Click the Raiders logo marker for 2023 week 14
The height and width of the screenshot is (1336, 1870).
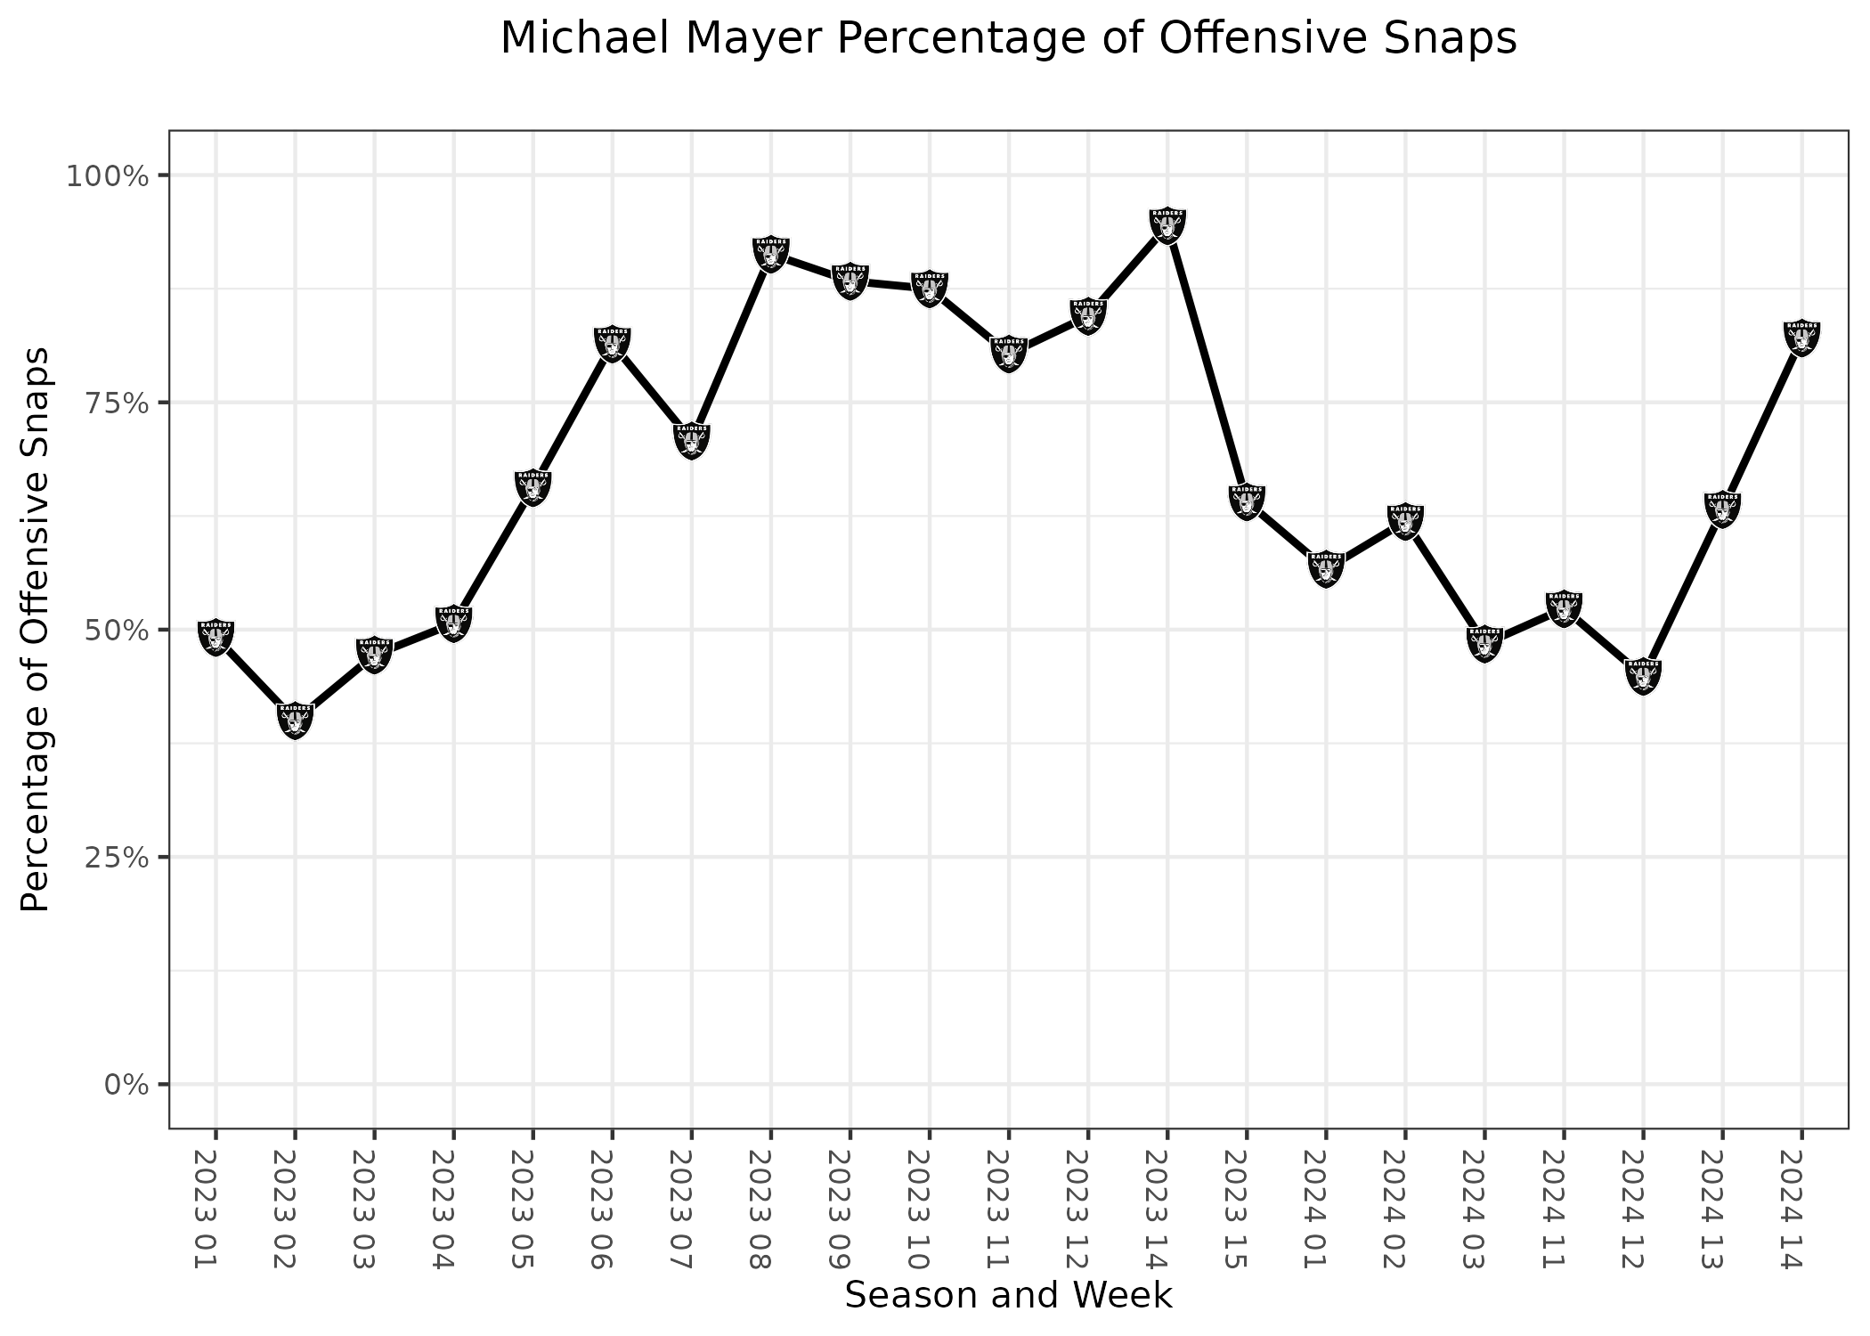coord(1167,224)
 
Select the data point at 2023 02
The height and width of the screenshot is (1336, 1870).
coord(295,720)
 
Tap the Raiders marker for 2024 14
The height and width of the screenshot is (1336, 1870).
coord(1801,338)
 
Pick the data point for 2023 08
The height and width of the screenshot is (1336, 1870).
coord(771,254)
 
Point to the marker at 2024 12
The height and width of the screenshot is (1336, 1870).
coord(1643,676)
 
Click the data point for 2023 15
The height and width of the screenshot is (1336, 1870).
coord(1247,501)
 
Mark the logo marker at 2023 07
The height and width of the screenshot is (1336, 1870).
coord(692,440)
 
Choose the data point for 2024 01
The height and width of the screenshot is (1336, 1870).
coord(1326,568)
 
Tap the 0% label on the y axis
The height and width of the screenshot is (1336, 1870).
coord(125,1085)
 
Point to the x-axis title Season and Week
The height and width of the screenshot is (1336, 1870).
coord(1008,1295)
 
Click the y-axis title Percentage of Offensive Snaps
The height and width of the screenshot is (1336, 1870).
coord(36,630)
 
